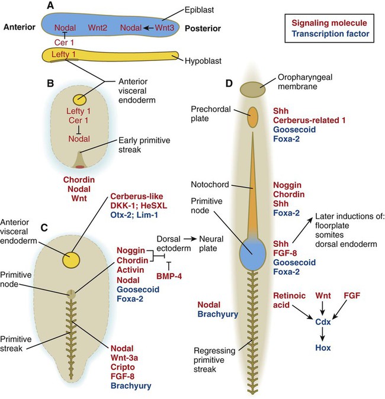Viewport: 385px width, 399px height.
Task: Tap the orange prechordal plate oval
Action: coord(253,118)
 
